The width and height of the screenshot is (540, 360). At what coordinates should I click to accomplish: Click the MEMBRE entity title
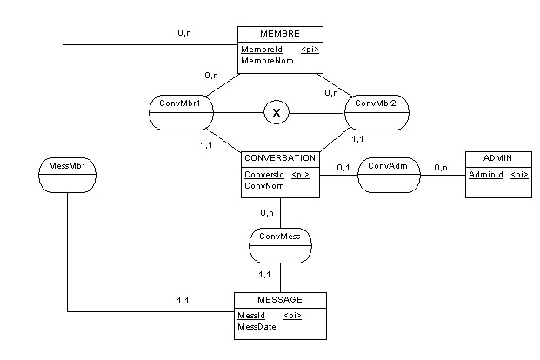point(279,33)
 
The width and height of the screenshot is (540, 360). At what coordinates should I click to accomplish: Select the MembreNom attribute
point(264,62)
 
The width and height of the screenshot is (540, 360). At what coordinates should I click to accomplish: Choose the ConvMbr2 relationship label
point(376,104)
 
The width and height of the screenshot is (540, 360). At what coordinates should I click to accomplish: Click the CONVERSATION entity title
point(279,158)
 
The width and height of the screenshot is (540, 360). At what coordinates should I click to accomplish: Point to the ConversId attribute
point(263,174)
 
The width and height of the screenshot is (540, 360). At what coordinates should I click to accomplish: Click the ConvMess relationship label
point(279,237)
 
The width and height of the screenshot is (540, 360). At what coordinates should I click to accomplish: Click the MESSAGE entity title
point(280,299)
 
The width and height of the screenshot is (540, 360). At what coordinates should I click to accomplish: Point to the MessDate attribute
point(259,328)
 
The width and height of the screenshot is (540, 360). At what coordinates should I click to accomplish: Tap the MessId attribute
point(251,315)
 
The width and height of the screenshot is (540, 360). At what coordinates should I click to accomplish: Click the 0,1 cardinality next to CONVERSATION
point(343,167)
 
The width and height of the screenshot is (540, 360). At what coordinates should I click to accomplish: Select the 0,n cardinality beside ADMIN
point(441,167)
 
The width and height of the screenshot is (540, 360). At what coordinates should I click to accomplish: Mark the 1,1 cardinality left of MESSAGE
point(184,300)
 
